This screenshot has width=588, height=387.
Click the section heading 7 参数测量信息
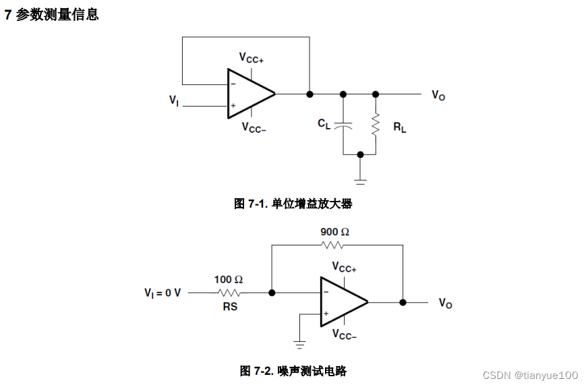click(x=52, y=15)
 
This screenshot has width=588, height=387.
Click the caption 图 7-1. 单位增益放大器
click(x=293, y=204)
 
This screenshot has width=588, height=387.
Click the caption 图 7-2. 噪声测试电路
click(x=293, y=371)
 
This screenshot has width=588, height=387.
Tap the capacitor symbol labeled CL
click(x=343, y=125)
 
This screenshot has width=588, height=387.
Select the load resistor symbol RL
click(x=376, y=124)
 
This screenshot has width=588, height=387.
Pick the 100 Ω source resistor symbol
click(x=229, y=293)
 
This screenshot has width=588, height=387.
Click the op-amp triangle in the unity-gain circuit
click(x=249, y=94)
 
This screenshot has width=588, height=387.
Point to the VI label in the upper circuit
click(x=174, y=100)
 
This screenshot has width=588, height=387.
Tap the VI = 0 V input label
click(x=163, y=293)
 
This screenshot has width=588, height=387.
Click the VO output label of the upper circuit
click(x=438, y=96)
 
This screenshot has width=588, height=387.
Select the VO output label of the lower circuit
click(x=445, y=303)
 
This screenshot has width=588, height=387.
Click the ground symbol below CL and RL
click(x=360, y=179)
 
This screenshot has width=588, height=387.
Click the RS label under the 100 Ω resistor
click(x=229, y=306)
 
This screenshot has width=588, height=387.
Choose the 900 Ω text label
click(x=334, y=232)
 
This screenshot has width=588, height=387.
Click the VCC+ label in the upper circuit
click(x=252, y=59)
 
